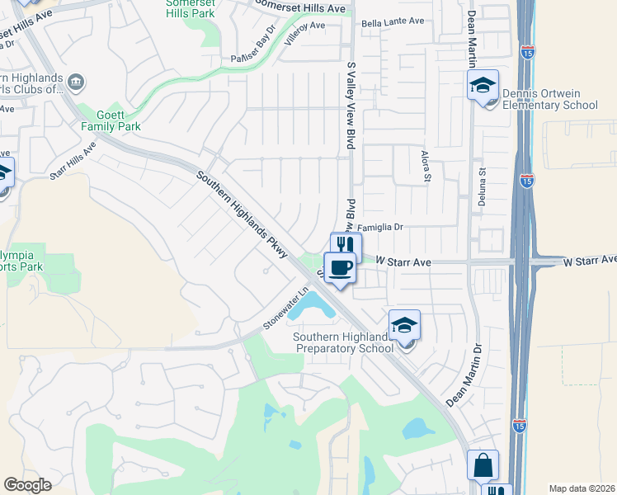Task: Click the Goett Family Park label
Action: coord(111,120)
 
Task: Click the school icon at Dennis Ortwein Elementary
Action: coord(483,84)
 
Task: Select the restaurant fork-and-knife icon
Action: coord(346,246)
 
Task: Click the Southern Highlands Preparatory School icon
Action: coord(404,325)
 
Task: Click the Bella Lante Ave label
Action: coord(392,22)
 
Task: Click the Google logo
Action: coord(27,485)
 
